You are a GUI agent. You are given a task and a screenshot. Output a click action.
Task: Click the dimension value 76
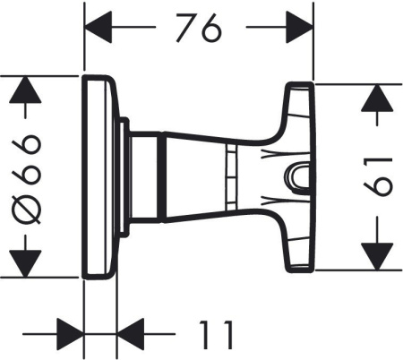point(197,29)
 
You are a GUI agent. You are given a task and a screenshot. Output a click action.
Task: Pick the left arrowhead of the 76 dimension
point(98,29)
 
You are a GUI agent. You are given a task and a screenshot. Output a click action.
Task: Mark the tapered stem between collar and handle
point(215,177)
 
